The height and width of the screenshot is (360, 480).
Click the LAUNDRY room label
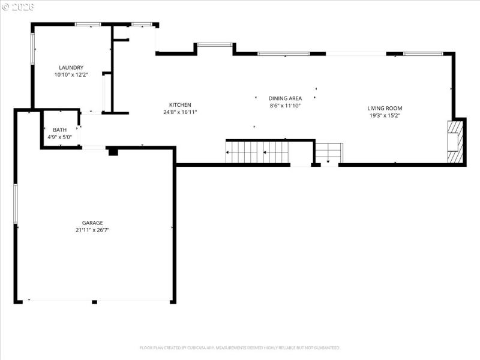(71, 68)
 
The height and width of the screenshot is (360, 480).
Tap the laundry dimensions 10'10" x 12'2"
(71, 75)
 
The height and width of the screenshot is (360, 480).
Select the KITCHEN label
(180, 104)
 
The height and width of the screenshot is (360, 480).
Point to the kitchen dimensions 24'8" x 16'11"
(180, 112)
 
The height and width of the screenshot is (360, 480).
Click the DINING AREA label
(285, 98)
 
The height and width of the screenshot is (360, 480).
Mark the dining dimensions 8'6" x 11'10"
(285, 106)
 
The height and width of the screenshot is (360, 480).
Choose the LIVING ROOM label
(385, 108)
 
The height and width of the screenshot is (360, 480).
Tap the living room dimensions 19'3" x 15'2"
(385, 116)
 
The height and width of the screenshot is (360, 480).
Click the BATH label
(60, 130)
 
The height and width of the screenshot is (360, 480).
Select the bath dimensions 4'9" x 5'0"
(60, 137)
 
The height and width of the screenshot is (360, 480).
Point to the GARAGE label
(92, 223)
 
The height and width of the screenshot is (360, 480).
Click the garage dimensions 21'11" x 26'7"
(92, 230)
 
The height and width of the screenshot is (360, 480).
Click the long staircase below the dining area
(256, 152)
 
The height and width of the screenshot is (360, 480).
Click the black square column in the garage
(112, 152)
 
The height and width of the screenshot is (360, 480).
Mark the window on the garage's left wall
(16, 204)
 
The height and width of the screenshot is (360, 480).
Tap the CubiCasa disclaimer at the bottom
(240, 347)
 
